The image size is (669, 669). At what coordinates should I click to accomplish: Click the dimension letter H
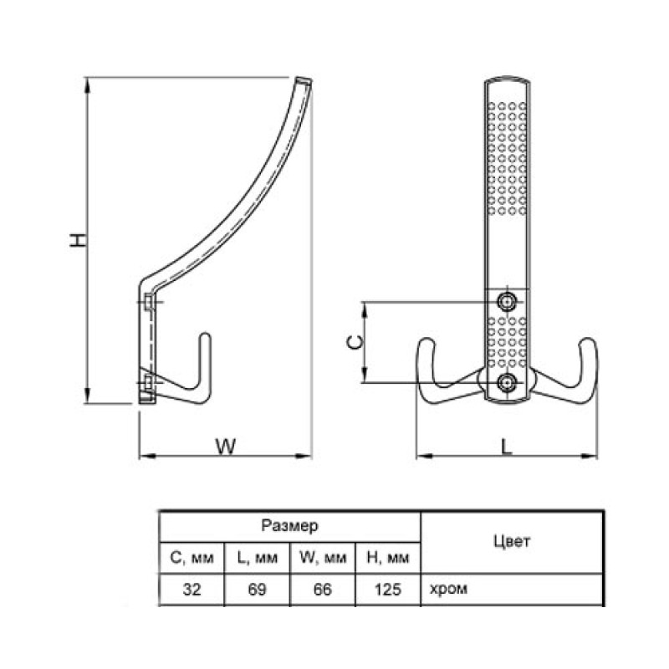click(78, 240)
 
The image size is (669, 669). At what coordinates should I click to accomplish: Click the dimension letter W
click(226, 447)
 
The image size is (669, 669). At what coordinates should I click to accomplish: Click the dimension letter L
click(506, 447)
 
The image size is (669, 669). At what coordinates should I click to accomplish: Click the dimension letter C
click(355, 342)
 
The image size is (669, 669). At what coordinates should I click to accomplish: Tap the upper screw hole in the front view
click(507, 302)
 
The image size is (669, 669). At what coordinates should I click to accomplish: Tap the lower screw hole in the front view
click(507, 383)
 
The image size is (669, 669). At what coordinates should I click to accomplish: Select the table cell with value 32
click(192, 590)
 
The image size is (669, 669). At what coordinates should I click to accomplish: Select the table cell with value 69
click(257, 590)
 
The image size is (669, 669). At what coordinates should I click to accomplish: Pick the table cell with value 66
click(322, 590)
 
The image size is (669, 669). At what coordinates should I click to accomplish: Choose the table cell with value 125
click(388, 590)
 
